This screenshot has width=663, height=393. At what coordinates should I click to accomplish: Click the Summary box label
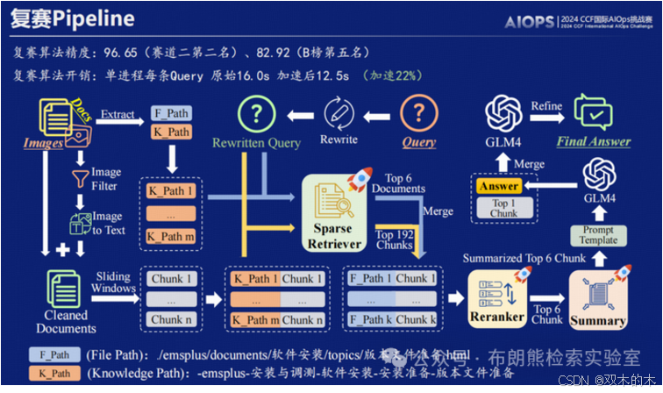(599, 321)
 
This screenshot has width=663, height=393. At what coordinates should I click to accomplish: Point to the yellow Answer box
(497, 186)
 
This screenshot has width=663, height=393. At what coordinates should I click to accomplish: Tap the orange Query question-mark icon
(417, 116)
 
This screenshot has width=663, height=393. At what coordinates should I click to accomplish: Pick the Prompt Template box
(599, 234)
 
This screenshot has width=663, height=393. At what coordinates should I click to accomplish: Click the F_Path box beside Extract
(171, 113)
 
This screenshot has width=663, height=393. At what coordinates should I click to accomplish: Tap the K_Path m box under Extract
(170, 236)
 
